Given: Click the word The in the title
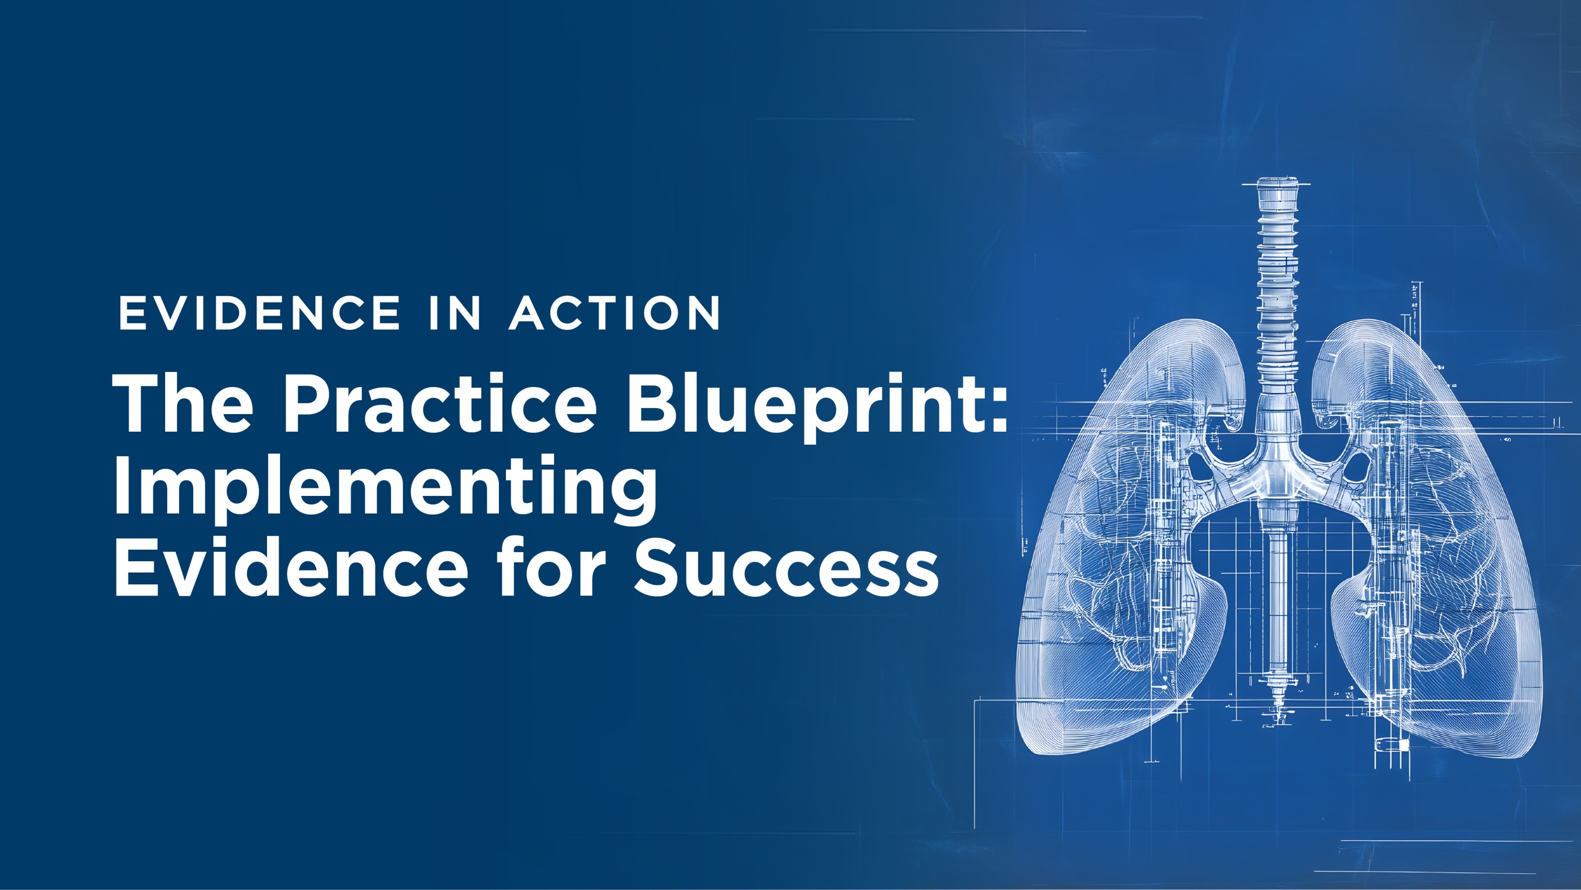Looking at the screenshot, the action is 183,403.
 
